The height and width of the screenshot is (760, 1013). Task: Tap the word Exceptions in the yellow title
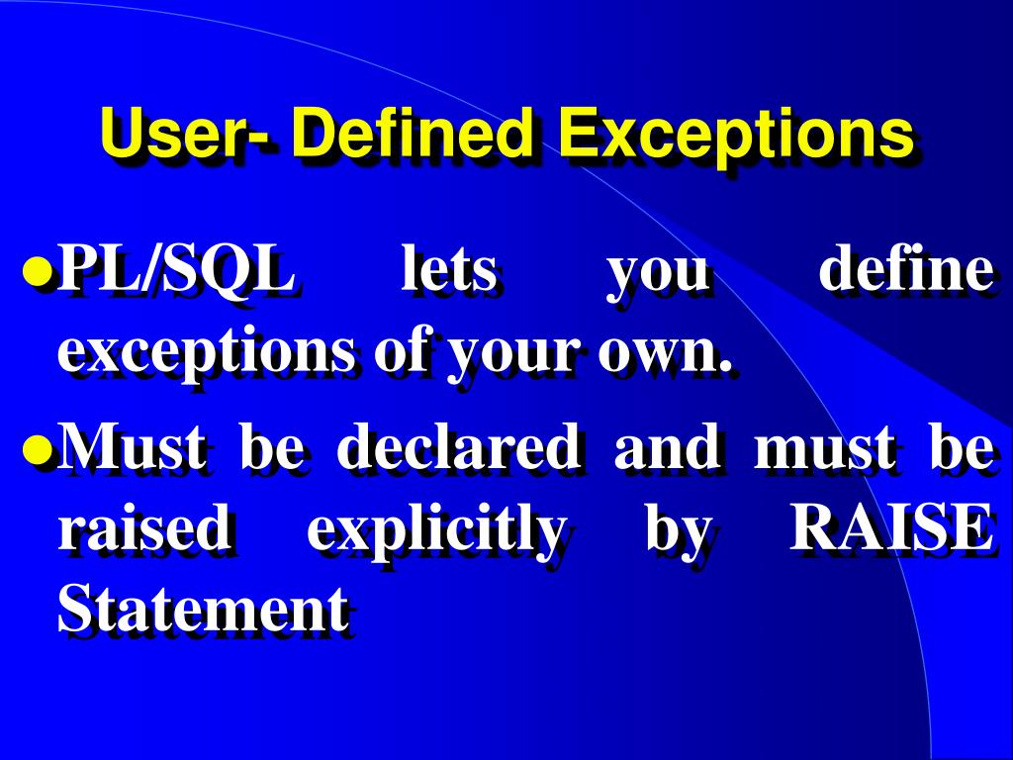tap(734, 136)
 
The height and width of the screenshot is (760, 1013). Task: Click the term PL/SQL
tap(176, 272)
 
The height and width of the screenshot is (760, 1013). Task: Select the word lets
tap(448, 272)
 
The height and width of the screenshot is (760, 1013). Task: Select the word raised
tap(143, 530)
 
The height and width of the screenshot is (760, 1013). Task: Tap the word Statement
tap(203, 610)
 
